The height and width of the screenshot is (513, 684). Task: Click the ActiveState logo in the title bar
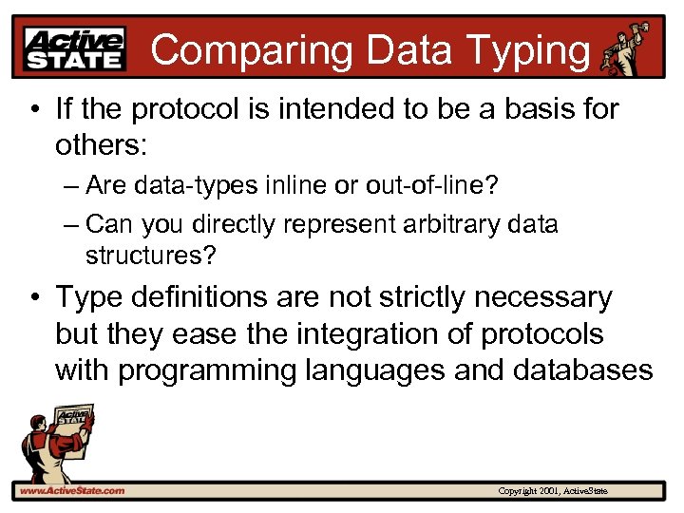tap(76, 48)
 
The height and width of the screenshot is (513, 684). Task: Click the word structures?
tap(150, 256)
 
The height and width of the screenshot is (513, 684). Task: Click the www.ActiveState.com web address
tap(72, 490)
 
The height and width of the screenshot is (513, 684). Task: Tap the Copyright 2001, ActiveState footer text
tap(553, 491)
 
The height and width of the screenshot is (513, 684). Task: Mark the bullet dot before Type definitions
tap(35, 298)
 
